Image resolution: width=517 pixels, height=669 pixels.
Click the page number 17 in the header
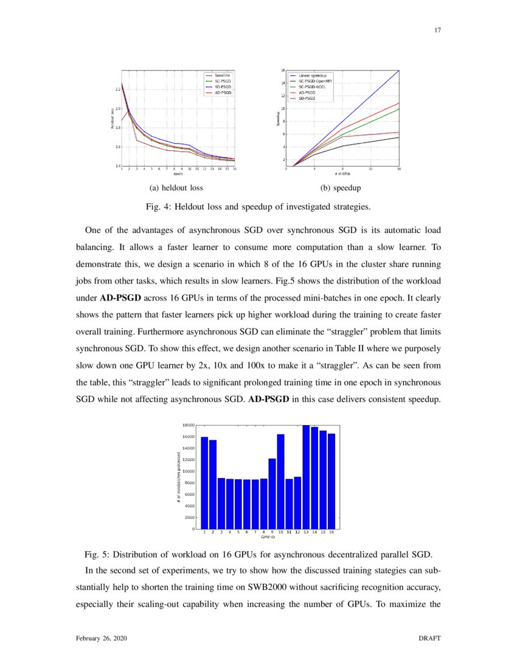(437, 30)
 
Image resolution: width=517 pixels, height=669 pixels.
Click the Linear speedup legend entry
(313, 76)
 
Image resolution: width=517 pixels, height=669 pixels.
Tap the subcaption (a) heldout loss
(176, 187)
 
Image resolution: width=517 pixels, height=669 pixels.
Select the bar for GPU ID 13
(306, 477)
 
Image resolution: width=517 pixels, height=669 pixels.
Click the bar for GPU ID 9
(272, 493)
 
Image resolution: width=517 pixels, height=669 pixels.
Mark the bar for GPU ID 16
(331, 480)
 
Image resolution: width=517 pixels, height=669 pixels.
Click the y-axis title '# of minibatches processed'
(177, 477)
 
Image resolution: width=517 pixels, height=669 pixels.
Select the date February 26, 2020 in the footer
(102, 639)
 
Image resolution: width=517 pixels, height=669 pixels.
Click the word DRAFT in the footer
(429, 639)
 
